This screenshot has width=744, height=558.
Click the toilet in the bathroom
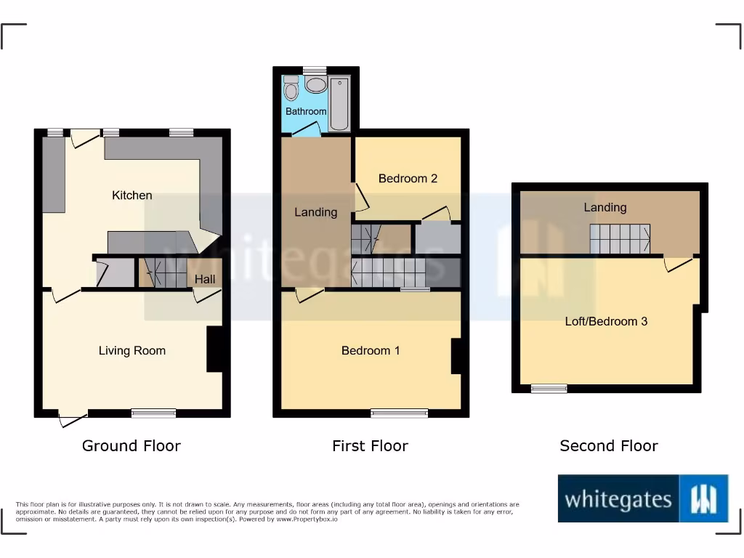click(291, 89)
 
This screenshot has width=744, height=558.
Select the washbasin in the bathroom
click(316, 85)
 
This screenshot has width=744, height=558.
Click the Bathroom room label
click(306, 111)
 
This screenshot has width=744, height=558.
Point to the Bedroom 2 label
click(408, 178)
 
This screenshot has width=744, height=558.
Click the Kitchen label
click(132, 195)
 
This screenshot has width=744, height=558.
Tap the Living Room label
click(132, 350)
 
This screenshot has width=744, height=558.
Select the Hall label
click(205, 279)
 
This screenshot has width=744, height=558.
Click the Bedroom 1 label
click(371, 350)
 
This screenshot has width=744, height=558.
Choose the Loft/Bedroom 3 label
click(606, 320)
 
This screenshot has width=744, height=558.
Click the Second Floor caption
click(609, 445)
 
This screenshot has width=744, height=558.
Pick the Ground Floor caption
click(132, 445)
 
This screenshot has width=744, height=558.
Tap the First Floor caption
click(370, 445)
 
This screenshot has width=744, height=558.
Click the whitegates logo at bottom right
click(643, 498)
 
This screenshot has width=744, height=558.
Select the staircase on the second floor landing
click(619, 239)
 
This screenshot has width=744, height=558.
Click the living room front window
click(154, 413)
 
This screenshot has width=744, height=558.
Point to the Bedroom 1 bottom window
click(400, 413)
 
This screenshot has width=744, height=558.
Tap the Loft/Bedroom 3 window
click(549, 389)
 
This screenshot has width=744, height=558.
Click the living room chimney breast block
click(214, 349)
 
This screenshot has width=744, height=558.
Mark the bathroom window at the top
click(315, 70)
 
